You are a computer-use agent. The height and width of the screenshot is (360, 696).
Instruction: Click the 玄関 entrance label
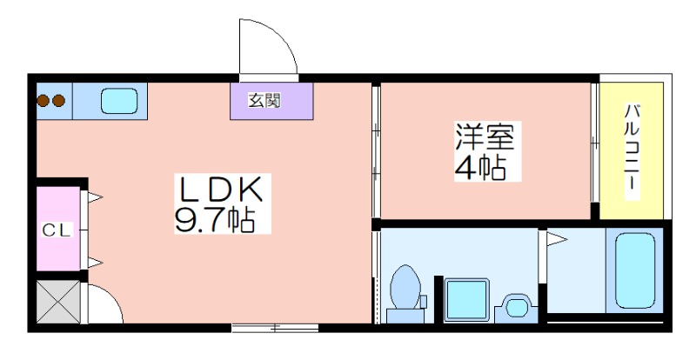click(x=264, y=101)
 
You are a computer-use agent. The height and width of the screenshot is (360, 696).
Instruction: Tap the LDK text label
click(x=220, y=190)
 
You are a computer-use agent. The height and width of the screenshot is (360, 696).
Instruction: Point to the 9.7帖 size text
click(x=215, y=221)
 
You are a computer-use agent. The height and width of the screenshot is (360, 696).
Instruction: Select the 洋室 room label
click(x=484, y=137)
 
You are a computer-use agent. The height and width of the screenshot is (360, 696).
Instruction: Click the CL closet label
click(x=57, y=230)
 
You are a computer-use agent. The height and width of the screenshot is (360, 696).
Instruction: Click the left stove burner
click(x=43, y=101)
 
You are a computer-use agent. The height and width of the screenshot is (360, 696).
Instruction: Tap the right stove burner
click(x=58, y=101)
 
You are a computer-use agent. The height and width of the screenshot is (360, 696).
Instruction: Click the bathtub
click(x=634, y=269)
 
